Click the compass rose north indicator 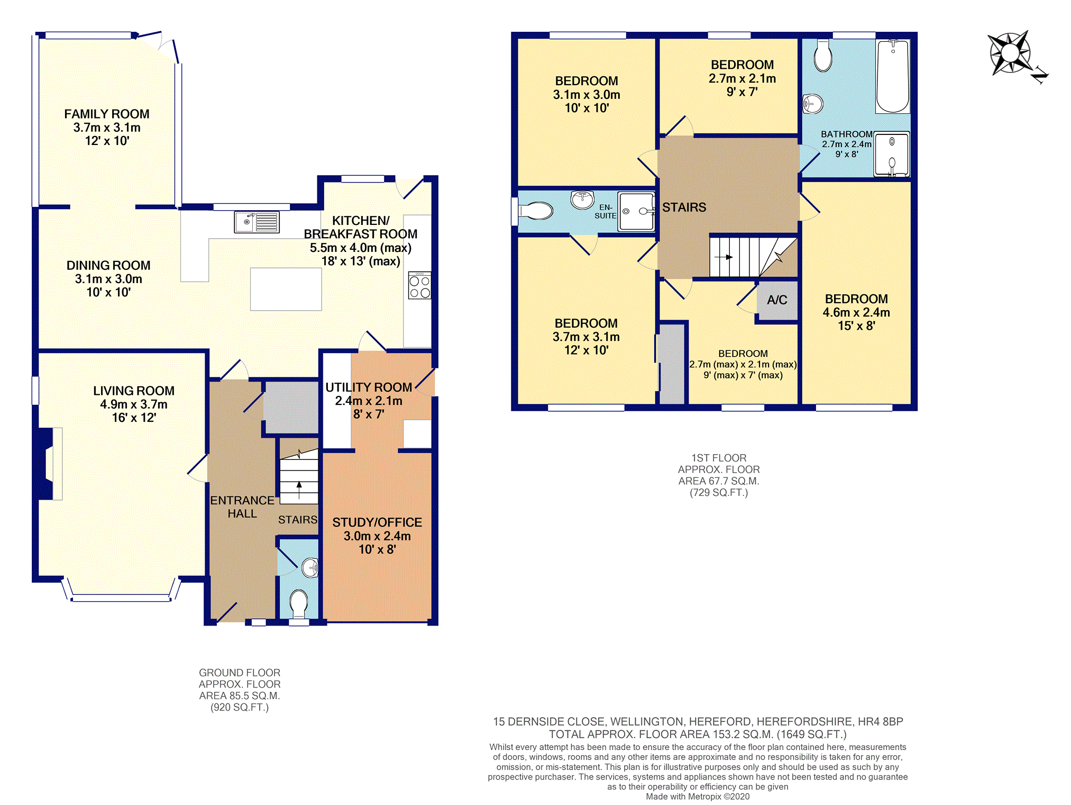[x=1040, y=76]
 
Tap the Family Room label [x=107, y=114]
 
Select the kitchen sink [x=257, y=222]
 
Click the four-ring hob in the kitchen [x=419, y=285]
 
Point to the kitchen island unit [x=286, y=289]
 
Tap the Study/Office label [x=377, y=522]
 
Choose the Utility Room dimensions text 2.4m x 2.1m [x=369, y=401]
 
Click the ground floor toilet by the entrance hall [x=299, y=604]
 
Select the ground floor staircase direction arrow [x=299, y=490]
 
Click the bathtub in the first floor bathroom [x=893, y=77]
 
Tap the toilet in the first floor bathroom [x=823, y=56]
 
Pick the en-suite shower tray [x=636, y=212]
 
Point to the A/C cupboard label [x=777, y=300]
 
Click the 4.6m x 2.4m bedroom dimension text [x=856, y=312]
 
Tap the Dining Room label [x=108, y=265]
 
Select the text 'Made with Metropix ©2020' [x=698, y=797]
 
